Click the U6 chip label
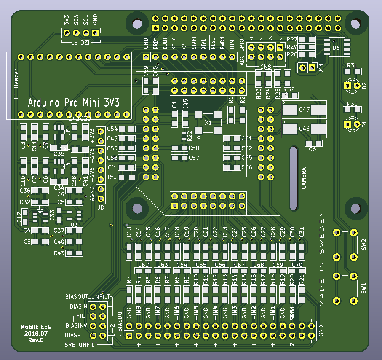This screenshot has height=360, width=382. [x=336, y=48]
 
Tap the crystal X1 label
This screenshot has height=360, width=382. [x=208, y=122]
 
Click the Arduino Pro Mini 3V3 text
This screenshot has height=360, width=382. [x=74, y=102]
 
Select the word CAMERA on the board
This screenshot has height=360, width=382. [x=304, y=178]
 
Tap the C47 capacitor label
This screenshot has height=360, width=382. [x=304, y=110]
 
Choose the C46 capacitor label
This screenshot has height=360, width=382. [x=304, y=129]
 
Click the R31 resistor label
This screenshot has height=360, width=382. [x=352, y=66]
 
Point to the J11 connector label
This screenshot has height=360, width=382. [x=321, y=67]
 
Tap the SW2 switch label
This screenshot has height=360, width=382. [x=364, y=243]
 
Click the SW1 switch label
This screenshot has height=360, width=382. [x=364, y=288]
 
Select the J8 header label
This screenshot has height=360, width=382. [x=101, y=207]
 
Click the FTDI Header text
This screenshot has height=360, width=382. [x=16, y=86]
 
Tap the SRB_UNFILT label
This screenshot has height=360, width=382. [x=80, y=345]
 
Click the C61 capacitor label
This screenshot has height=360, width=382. [x=314, y=150]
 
